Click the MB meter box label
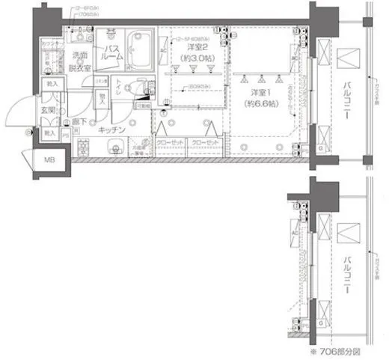(x=48, y=160)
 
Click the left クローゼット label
(x=171, y=142)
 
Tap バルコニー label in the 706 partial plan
(x=348, y=271)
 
